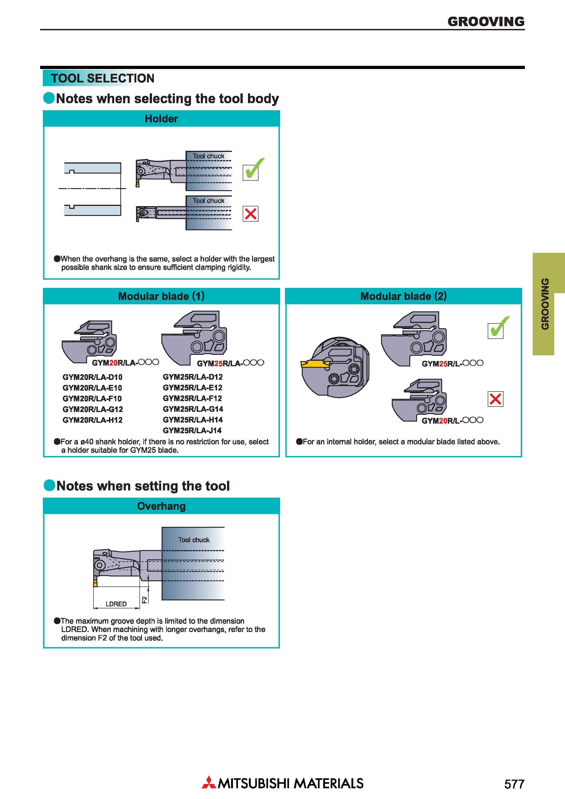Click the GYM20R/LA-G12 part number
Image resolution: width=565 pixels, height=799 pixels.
(93, 409)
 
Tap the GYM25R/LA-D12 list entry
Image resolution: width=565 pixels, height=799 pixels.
(193, 377)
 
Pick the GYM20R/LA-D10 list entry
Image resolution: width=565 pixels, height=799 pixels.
(93, 377)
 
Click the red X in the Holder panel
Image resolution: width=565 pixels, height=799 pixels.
(251, 214)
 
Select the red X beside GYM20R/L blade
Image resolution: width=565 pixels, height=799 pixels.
(495, 399)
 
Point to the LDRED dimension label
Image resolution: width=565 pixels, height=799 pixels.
(116, 604)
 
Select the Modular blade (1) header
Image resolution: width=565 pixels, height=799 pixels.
(161, 296)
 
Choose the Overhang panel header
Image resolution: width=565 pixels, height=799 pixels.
(161, 506)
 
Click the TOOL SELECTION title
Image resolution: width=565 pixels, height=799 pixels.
(103, 78)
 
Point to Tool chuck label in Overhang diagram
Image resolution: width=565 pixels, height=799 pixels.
(194, 540)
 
